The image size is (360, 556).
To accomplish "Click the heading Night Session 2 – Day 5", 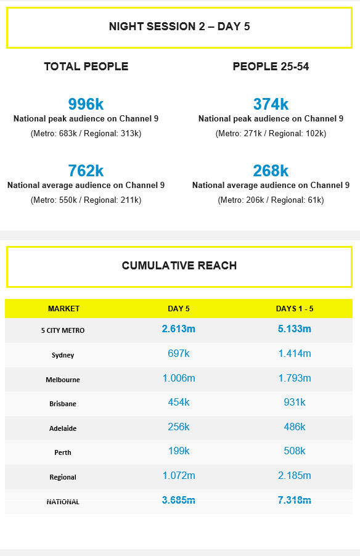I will tap(179, 27).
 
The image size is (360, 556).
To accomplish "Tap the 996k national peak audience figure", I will tap(86, 104).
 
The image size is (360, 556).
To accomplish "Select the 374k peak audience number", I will tap(271, 104).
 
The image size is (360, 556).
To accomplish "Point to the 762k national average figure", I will tap(86, 171).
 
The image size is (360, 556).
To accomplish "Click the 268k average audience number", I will tap(271, 171).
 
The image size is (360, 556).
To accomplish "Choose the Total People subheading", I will tap(86, 67).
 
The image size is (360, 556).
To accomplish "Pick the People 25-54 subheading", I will tap(271, 67).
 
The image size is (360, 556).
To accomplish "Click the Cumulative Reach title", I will tap(179, 266).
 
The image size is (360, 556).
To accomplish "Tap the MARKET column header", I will tap(63, 309).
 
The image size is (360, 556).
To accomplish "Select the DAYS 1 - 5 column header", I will tap(295, 309).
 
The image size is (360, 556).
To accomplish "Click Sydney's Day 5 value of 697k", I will tap(179, 354).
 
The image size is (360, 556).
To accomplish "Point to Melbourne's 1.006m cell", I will tap(179, 378).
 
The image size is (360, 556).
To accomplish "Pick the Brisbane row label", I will tap(63, 404).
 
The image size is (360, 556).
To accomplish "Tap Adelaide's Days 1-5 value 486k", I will tap(295, 427).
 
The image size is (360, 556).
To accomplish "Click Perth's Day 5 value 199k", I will tap(179, 451).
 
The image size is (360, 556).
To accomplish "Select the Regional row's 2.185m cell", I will tap(295, 476).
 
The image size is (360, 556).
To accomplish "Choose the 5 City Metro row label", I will tap(63, 330).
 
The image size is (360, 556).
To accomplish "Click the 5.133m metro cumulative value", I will tap(295, 329).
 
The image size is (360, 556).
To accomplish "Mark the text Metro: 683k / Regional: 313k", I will tap(86, 133).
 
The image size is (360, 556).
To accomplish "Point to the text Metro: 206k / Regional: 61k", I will tap(271, 200).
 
